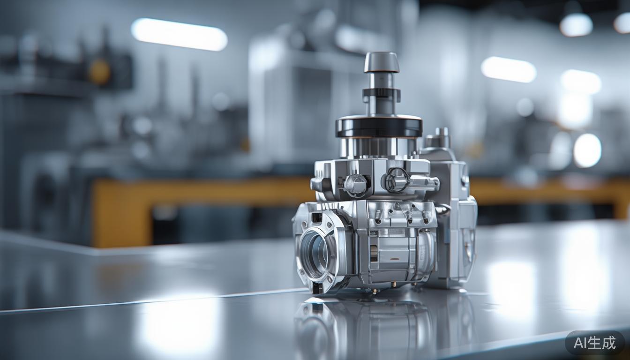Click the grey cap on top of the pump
tap(382, 61)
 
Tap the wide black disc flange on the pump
tap(379, 126)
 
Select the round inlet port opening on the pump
tap(313, 254)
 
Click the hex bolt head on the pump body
tap(356, 184)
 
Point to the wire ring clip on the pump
tap(396, 180)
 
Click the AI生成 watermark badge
tap(594, 343)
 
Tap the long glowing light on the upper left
tap(179, 34)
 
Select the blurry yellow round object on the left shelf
tap(99, 72)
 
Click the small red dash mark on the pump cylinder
tap(395, 259)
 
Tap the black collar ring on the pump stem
tap(381, 94)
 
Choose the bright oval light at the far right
tap(587, 150)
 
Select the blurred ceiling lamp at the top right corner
tap(576, 24)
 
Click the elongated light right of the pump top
tap(509, 69)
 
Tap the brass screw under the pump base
tap(374, 291)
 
